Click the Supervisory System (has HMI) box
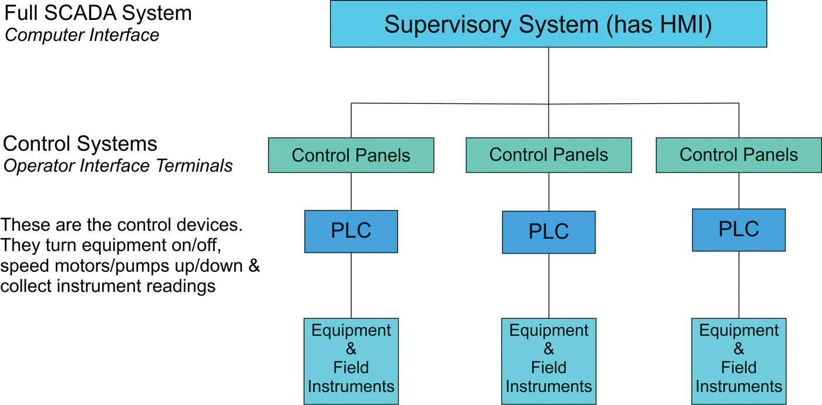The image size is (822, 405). point(548,25)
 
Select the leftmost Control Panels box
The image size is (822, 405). point(351,155)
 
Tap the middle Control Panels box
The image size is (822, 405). point(548,155)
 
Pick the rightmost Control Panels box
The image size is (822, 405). point(739,155)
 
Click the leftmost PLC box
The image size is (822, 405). point(351,231)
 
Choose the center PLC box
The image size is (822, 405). point(548,232)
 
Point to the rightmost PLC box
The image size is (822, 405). point(739,230)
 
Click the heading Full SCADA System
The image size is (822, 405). point(98,14)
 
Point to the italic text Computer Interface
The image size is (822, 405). point(82,35)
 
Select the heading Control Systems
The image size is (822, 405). point(80,144)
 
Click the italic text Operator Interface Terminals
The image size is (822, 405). point(119,166)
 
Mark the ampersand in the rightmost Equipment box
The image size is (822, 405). point(739,350)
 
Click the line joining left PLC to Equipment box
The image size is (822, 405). point(351,285)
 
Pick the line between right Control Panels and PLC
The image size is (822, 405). point(739,190)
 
